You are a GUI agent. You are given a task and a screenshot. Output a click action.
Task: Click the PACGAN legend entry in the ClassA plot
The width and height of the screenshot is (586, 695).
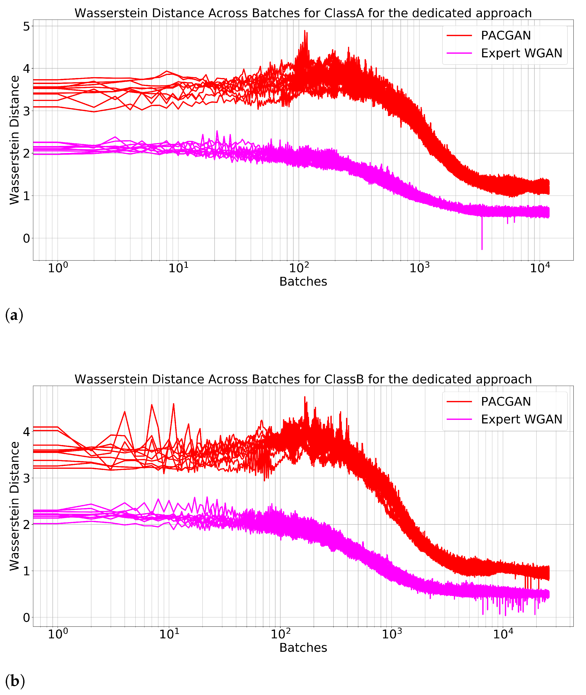505,35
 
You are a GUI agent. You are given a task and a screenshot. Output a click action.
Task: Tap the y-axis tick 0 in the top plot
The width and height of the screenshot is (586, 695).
26,238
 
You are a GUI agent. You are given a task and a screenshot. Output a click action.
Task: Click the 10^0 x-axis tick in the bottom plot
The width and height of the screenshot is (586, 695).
58,634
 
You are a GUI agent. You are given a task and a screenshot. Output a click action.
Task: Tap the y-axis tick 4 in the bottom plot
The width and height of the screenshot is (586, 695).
26,432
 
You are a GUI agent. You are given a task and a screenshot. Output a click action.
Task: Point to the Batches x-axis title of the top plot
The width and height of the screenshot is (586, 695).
303,281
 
